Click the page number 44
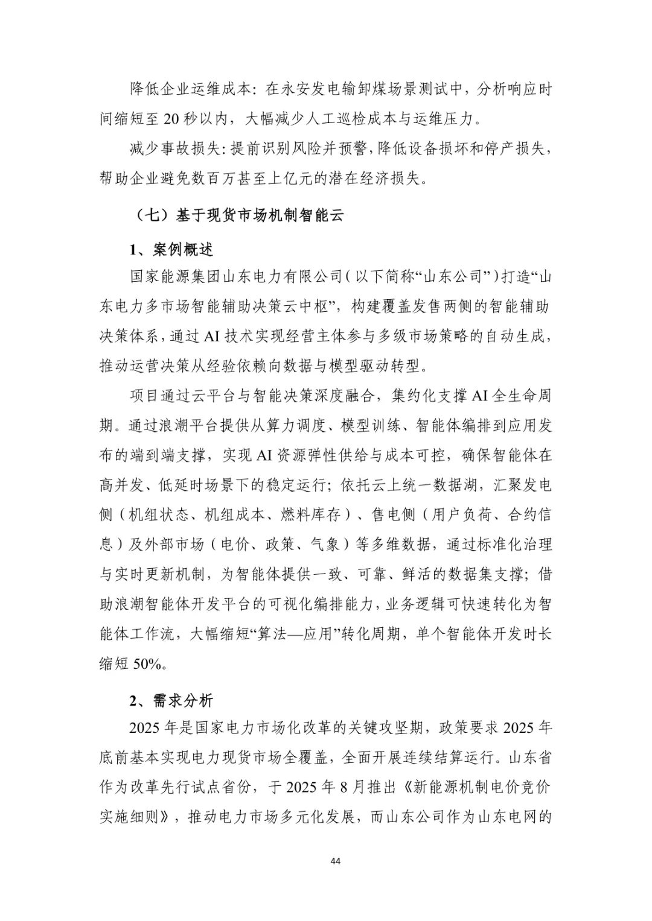[x=336, y=861]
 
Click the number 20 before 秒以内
[x=171, y=119]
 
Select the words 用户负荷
[x=461, y=514]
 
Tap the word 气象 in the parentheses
[x=325, y=545]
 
